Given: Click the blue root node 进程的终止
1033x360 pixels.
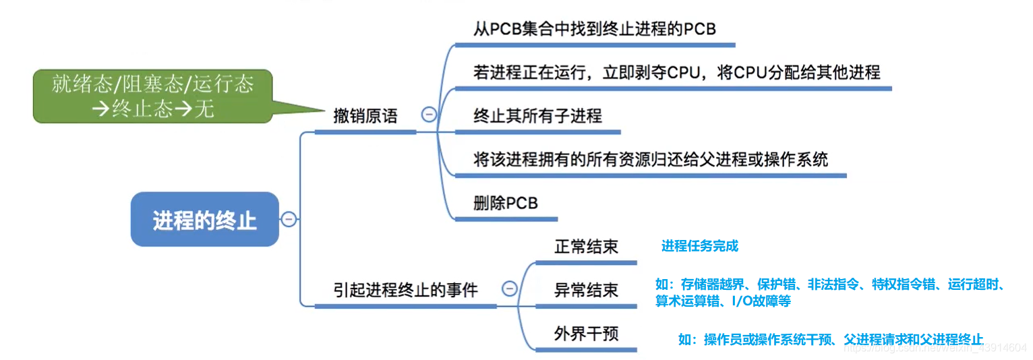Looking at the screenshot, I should (x=204, y=220).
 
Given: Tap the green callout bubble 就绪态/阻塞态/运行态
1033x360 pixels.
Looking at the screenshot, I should (x=152, y=85).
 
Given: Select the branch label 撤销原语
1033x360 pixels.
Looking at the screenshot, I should (x=365, y=116).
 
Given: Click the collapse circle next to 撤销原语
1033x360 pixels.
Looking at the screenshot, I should (x=428, y=115).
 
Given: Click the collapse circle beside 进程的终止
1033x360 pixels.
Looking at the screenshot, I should (x=289, y=219).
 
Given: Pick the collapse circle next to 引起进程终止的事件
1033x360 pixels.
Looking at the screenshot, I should (x=510, y=289).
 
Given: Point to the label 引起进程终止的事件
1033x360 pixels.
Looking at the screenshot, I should (x=405, y=291).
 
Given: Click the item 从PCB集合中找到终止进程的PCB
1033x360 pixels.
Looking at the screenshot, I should (x=594, y=30).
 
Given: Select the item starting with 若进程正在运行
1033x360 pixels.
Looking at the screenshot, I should (x=676, y=72).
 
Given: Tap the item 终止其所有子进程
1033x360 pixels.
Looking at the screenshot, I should (x=537, y=116).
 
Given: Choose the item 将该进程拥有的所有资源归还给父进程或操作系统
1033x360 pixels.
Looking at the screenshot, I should (x=651, y=160).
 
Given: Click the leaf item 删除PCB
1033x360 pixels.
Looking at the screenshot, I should (x=506, y=203).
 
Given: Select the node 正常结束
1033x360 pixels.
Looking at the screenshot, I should (x=586, y=247).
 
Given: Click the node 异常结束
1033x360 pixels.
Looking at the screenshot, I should (x=586, y=291).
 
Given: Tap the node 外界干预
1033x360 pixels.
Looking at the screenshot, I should (x=586, y=334).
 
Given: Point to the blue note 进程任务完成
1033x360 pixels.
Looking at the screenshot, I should (x=700, y=247).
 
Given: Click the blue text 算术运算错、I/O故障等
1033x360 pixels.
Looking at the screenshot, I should (x=723, y=301).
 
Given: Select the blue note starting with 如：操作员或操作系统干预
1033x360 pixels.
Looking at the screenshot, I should (x=831, y=340).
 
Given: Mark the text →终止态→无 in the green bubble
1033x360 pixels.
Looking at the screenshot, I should (x=156, y=108).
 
